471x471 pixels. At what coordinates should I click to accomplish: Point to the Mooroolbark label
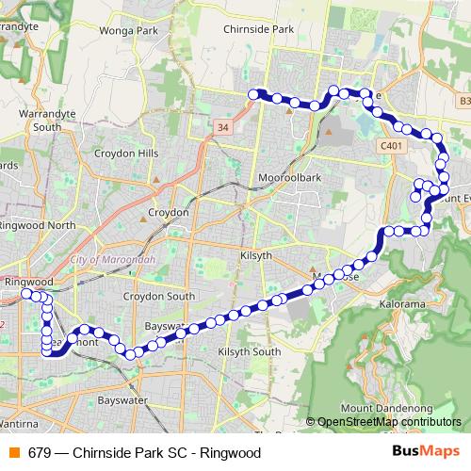pyautogui.click(x=290, y=177)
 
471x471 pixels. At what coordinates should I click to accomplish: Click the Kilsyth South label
pyautogui.click(x=249, y=351)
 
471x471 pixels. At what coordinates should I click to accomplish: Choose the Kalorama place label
pyautogui.click(x=403, y=305)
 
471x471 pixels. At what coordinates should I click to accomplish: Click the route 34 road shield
pyautogui.click(x=222, y=124)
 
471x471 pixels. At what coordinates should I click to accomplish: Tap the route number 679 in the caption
pyautogui.click(x=39, y=452)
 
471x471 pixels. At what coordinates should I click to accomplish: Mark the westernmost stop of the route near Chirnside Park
pyautogui.click(x=252, y=92)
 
